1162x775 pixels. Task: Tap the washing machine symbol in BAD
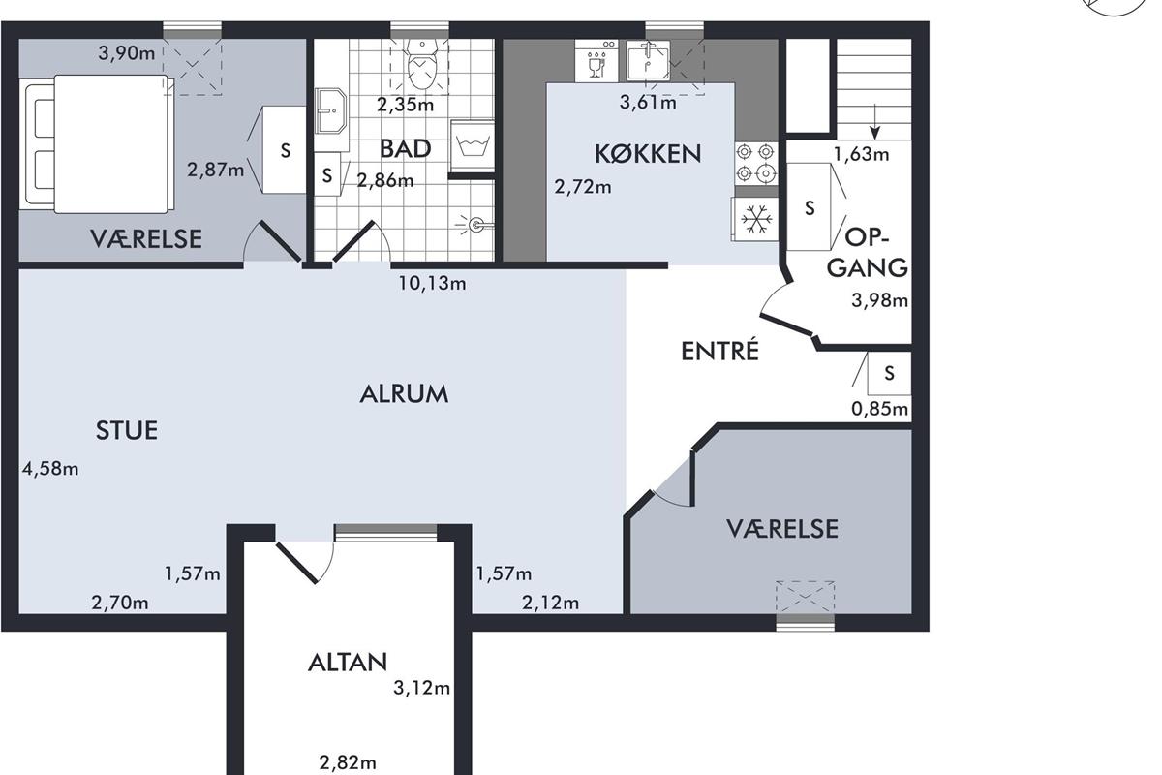point(471,145)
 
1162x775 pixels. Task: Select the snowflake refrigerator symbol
point(756,219)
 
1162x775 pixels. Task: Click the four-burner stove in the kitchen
point(756,163)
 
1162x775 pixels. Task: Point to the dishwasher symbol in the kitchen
point(596,60)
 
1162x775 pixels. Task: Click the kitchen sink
point(648,61)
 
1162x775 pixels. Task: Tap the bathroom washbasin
point(330,110)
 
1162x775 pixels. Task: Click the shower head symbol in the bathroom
point(474,225)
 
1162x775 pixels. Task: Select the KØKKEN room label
point(648,154)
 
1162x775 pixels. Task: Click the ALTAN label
point(348,663)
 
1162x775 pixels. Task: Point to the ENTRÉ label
point(719,351)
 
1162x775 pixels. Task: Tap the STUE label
point(127,430)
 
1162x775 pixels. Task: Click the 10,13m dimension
point(432,284)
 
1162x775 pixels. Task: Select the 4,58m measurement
point(50,469)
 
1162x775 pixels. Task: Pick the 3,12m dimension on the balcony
point(421,688)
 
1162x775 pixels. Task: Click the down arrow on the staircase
point(875,121)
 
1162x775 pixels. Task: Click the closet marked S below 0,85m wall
point(889,373)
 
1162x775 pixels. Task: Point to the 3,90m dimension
point(127,53)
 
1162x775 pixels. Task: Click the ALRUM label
point(404,394)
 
